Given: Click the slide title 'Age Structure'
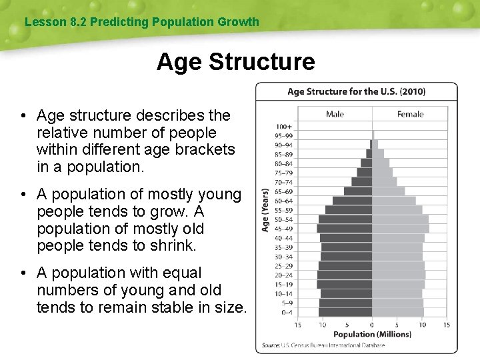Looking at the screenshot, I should tap(235, 62).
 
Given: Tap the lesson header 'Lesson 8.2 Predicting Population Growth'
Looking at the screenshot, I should tap(141, 22).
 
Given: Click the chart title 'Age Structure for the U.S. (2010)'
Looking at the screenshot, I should tap(356, 91).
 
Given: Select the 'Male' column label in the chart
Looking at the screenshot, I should tap(335, 114).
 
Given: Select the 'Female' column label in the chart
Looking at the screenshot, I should tap(410, 114).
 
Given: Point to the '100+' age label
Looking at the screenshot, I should tap(284, 126).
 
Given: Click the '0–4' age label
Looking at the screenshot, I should tap(286, 312).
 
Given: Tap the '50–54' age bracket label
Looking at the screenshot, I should tap(283, 219).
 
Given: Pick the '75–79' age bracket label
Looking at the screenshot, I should tap(283, 173).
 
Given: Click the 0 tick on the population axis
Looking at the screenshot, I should tap(372, 325).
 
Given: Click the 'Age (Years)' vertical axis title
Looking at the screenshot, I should tap(265, 209).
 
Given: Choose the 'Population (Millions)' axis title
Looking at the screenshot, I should tap(372, 335).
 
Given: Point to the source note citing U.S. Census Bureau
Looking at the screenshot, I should tap(327, 345).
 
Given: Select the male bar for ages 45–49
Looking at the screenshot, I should tap(345, 228).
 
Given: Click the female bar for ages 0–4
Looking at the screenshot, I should tap(397, 312).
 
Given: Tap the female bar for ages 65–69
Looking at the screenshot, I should tap(388, 191).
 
